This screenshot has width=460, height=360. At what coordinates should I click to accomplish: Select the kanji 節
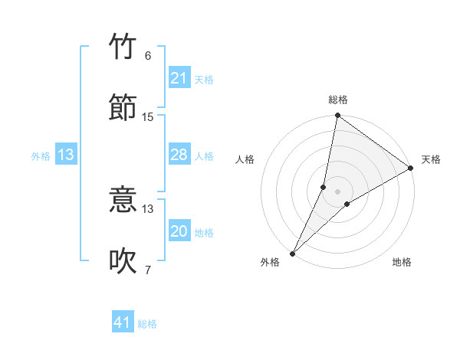(123, 107)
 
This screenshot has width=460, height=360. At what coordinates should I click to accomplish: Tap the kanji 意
(123, 201)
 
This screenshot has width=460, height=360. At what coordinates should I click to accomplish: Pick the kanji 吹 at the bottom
(123, 260)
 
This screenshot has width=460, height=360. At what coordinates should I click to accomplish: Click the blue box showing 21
(179, 78)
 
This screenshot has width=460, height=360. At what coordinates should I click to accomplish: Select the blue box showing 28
(179, 155)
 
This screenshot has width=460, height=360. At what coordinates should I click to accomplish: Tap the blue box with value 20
(179, 232)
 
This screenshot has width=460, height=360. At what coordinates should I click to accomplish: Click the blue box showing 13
(66, 155)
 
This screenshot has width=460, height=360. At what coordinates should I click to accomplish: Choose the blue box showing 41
(123, 322)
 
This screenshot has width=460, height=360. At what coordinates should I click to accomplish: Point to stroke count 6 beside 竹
(148, 56)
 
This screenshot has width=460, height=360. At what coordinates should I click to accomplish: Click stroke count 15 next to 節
(148, 116)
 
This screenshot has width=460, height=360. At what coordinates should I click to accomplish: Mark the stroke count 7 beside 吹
(148, 269)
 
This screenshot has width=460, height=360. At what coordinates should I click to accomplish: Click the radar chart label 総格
(338, 100)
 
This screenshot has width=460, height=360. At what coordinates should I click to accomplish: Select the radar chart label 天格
(431, 159)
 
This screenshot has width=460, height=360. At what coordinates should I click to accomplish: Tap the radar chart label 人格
(245, 159)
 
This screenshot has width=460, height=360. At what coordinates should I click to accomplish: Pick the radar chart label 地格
(402, 262)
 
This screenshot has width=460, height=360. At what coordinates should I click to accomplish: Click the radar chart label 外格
(270, 262)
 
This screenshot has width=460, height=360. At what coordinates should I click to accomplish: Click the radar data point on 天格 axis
(411, 169)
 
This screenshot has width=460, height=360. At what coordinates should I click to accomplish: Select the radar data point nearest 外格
(293, 253)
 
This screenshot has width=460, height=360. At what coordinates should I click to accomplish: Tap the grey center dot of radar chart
(338, 191)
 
